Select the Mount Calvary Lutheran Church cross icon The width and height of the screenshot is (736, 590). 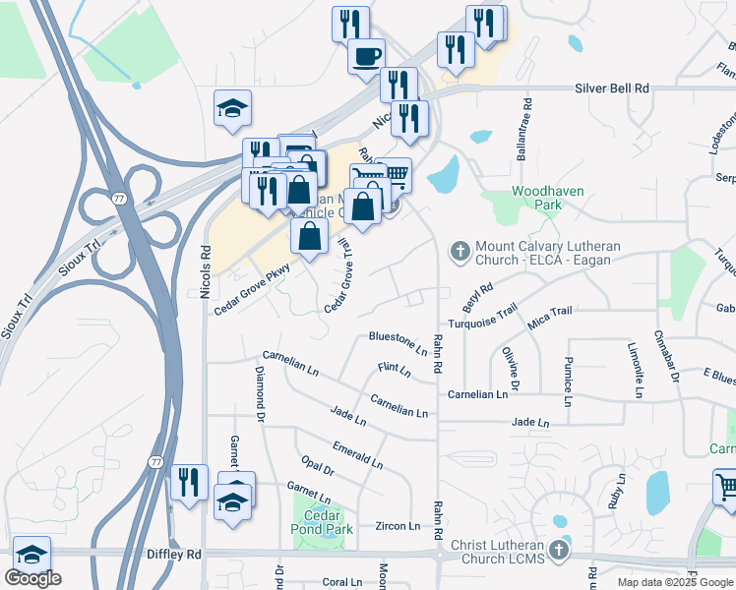coord(459,252)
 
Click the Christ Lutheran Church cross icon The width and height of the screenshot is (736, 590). coord(559,548)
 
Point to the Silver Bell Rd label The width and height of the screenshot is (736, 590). coord(612,88)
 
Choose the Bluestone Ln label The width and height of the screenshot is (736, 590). coord(398,341)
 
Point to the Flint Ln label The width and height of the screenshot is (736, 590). coord(394,370)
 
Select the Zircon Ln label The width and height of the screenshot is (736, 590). coord(398,526)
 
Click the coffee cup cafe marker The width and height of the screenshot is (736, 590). coord(366,55)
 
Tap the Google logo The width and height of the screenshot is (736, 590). coord(32,578)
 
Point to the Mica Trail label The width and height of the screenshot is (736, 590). coord(549,312)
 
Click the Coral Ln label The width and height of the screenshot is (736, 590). coord(342,581)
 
